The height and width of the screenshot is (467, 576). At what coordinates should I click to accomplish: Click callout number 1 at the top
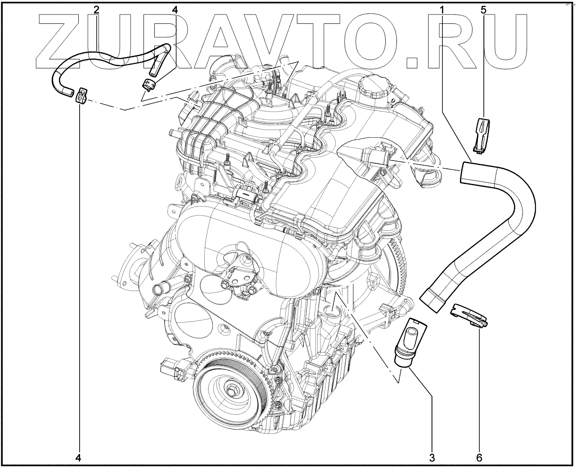[x=442, y=10]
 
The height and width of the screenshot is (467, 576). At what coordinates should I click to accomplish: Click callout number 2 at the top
[x=96, y=10]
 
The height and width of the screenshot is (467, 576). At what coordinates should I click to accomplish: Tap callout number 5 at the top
[x=483, y=10]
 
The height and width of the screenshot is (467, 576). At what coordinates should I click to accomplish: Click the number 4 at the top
[x=175, y=10]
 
